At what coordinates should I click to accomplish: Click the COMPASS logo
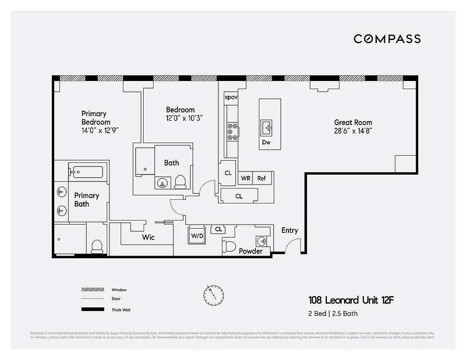click(387, 39)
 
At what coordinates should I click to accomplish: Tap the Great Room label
click(353, 122)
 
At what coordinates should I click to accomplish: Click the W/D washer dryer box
click(196, 235)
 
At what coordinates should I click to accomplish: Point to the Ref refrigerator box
click(262, 178)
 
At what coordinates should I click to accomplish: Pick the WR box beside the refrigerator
click(245, 178)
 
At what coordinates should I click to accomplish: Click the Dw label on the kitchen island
click(266, 142)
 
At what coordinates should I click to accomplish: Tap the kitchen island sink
click(267, 128)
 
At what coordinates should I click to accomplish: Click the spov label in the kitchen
click(231, 97)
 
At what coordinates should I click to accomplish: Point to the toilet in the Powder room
click(229, 247)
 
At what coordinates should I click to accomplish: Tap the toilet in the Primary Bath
click(97, 246)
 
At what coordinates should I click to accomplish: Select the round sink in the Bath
click(162, 183)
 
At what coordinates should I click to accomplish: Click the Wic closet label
click(148, 237)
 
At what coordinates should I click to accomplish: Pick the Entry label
click(290, 230)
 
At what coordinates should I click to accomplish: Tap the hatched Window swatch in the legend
click(92, 290)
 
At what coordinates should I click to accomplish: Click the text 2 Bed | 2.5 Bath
click(333, 313)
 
